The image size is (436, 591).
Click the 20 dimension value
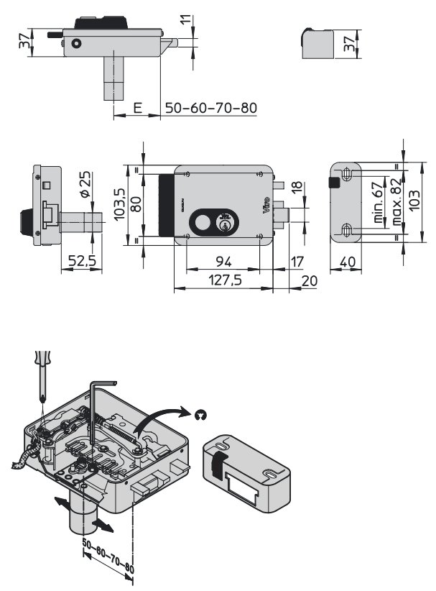(x=309, y=281)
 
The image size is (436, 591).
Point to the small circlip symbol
(x=201, y=413)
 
